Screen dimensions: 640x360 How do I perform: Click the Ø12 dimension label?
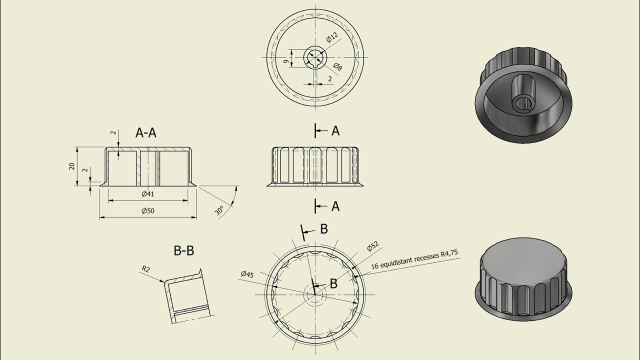pos(332,37)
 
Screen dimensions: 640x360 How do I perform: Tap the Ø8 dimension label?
pos(337,66)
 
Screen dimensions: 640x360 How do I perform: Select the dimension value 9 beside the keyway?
pos(285,61)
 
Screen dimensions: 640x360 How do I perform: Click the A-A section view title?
pos(145,133)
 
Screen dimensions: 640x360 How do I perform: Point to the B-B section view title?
pos(184,250)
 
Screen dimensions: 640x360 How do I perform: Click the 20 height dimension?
pos(71,166)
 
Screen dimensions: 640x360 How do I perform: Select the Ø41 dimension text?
pos(148,194)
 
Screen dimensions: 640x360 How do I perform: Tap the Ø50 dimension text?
pos(148,211)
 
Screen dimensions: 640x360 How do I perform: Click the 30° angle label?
pos(219,210)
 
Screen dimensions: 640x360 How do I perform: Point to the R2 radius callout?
pos(145,269)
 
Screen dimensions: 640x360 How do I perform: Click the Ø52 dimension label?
pos(373,246)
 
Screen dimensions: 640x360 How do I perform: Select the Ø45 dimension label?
pos(247,274)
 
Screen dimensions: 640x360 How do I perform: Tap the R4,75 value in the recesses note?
pos(449,253)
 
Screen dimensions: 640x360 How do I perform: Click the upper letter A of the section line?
pos(335,131)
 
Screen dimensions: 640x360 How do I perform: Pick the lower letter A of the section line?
pos(335,206)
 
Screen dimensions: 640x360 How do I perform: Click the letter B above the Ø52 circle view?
pos(323,229)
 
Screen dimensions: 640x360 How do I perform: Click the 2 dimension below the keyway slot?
pos(330,79)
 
